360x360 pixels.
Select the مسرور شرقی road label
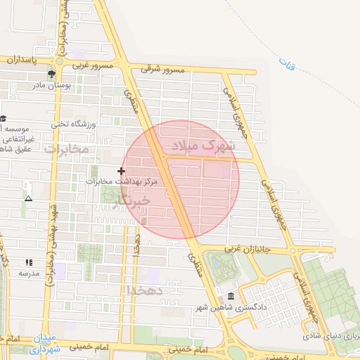pos(162,70)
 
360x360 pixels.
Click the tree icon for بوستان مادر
pos(51,73)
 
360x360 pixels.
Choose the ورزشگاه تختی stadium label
pos(71,124)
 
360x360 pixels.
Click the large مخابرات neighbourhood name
pos(67,149)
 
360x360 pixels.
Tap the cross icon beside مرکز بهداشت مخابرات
pos(122,170)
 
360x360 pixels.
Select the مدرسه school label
pos(29,273)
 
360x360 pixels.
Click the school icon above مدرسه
pos(29,262)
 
